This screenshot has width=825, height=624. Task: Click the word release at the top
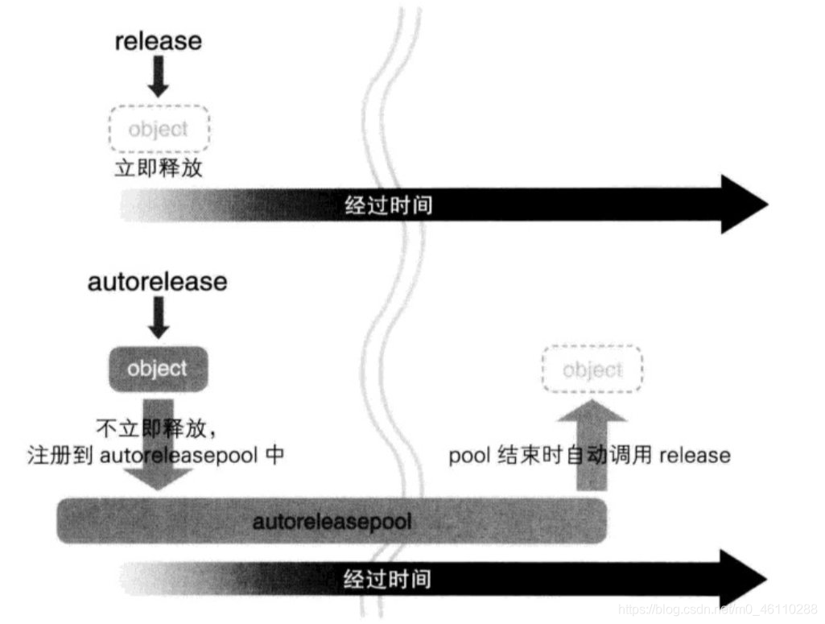(x=158, y=40)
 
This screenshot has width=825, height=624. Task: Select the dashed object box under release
(x=159, y=129)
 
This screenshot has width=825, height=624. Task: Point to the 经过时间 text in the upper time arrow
(x=388, y=205)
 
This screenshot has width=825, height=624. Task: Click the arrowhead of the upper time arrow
(x=745, y=205)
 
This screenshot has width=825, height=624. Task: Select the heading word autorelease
(x=158, y=282)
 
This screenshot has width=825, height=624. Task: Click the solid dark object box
(x=158, y=369)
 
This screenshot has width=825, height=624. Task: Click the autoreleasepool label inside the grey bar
(x=332, y=522)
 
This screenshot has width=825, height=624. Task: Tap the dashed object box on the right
(x=593, y=370)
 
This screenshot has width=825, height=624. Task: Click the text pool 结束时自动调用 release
(x=589, y=456)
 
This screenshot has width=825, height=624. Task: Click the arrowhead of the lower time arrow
(x=745, y=579)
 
